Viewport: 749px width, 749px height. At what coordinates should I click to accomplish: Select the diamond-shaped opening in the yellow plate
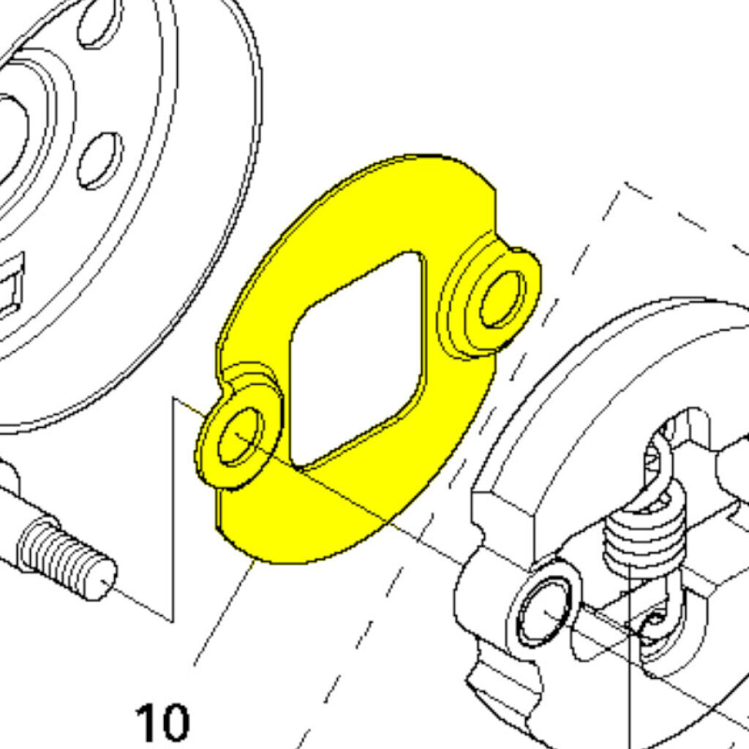[357, 358]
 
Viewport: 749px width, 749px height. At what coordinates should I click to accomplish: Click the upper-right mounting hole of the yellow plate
[501, 299]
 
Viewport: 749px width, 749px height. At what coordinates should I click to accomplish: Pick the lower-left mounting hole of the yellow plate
[240, 437]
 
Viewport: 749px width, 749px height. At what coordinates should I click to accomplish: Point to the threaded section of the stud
[65, 556]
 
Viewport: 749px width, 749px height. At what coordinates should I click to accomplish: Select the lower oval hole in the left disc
[99, 160]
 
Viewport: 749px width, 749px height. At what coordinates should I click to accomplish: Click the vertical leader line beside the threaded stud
[173, 509]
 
